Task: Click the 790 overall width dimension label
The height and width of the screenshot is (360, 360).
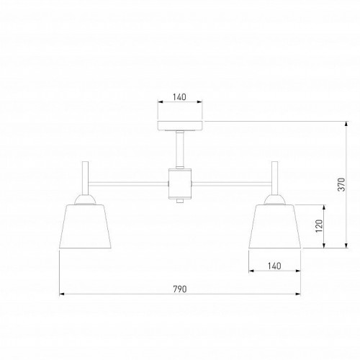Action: coord(180,289)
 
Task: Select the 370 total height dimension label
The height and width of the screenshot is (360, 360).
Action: coord(341,184)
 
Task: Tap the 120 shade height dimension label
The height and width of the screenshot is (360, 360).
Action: coord(320,225)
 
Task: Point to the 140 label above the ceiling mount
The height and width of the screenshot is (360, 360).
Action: coord(179,97)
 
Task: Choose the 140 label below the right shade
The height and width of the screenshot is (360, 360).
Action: coord(274,266)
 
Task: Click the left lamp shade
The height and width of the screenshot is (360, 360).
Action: coord(85,226)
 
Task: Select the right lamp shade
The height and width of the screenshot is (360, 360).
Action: coord(274,226)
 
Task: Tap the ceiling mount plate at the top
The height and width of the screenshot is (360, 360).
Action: coord(180,126)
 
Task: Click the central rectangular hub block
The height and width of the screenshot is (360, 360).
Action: coord(180,184)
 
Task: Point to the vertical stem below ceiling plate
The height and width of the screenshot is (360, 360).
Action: coord(180,149)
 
